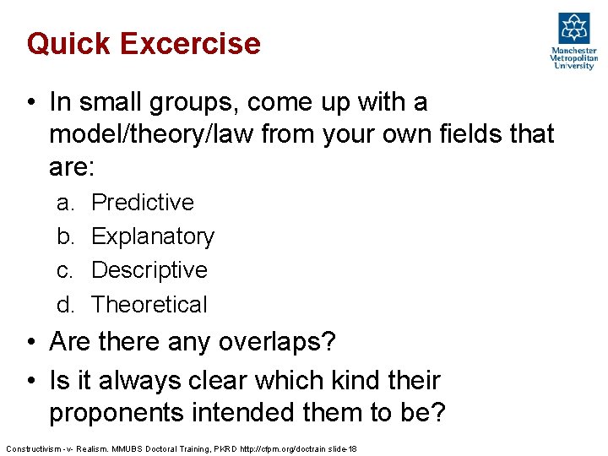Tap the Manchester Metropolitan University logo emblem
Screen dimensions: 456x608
(574, 29)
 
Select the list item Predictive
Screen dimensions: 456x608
(142, 203)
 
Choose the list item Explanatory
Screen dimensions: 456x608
(152, 236)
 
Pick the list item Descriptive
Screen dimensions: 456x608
(149, 270)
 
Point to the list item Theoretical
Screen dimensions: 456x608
(149, 304)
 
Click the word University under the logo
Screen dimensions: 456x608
(574, 66)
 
